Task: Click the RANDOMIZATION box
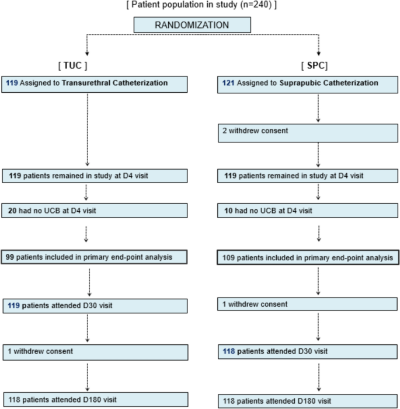tap(192, 25)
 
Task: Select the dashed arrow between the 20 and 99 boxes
tap(86, 232)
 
